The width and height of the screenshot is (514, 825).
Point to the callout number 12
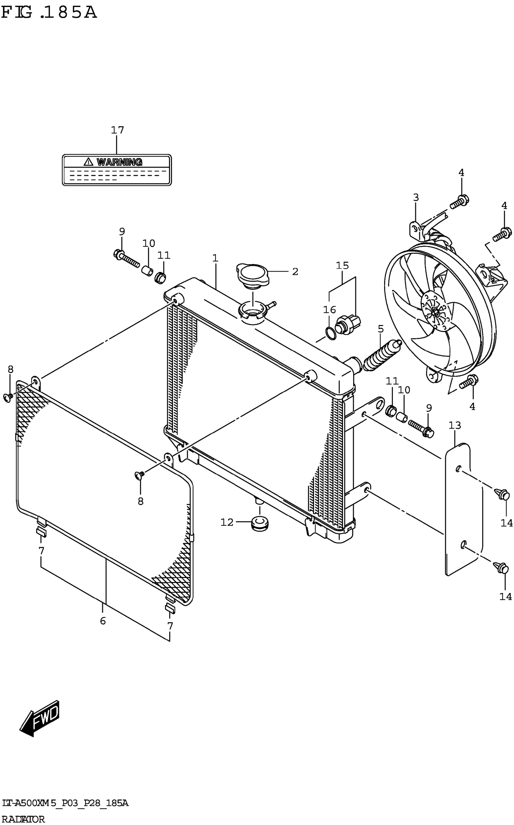[227, 522]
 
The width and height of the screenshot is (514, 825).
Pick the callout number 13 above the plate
[454, 425]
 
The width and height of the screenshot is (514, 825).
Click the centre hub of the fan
[434, 311]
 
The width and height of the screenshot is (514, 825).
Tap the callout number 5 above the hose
[380, 329]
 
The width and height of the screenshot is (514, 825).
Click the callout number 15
[342, 265]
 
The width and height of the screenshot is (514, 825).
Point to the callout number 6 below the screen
[103, 621]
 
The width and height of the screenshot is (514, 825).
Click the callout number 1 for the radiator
[215, 258]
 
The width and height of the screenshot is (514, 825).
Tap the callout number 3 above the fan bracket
[416, 197]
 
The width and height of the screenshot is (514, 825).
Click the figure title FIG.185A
[49, 13]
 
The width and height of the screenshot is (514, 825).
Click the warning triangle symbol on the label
[88, 162]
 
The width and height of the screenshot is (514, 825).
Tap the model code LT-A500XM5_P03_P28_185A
[65, 804]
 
